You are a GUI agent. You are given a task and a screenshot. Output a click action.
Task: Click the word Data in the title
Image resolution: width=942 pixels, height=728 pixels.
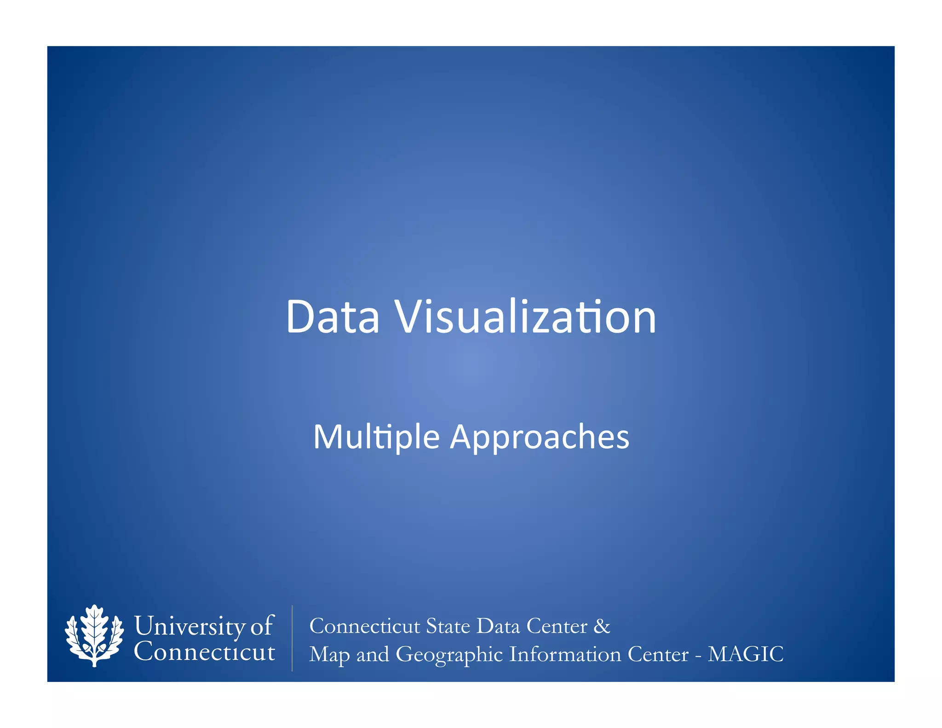point(333,317)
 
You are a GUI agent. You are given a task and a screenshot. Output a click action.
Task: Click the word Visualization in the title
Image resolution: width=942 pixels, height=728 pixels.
point(526,317)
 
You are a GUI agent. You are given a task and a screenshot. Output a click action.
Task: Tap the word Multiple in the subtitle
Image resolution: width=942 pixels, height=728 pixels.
point(376,437)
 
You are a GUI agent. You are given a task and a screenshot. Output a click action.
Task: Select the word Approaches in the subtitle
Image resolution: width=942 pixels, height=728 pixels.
point(540,437)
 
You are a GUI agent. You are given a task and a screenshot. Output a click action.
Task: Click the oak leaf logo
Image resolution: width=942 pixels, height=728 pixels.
point(94,636)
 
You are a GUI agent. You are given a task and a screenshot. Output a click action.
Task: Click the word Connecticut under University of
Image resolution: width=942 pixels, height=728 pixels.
point(204,652)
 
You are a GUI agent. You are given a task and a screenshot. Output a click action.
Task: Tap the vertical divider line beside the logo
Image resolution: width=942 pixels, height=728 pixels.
point(292,638)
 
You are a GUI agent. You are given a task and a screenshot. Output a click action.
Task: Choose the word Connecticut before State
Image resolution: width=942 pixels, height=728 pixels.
point(365,626)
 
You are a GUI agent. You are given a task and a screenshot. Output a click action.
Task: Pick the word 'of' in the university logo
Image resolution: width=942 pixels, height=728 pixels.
point(262,626)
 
